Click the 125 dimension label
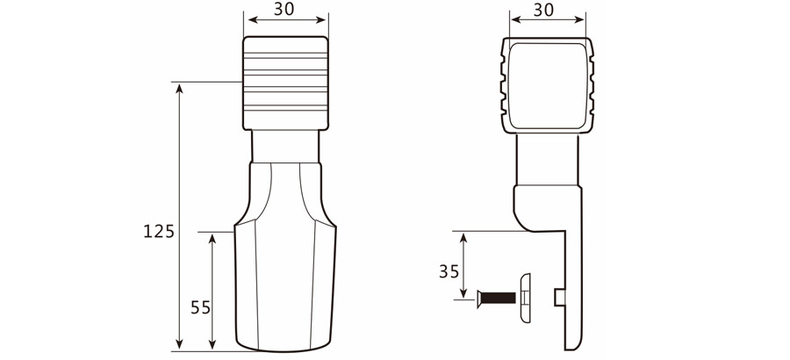pos(160,232)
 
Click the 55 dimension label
pos(200,307)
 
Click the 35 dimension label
pos(449,271)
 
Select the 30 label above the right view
pos(543,10)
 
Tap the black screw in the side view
pos(495,299)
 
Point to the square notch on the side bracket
pos(559,299)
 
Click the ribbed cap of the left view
pos(285,83)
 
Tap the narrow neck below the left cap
pos(285,146)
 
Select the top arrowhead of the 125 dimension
pos(179,87)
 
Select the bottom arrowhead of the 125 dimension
pos(179,346)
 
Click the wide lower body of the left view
pos(285,281)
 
